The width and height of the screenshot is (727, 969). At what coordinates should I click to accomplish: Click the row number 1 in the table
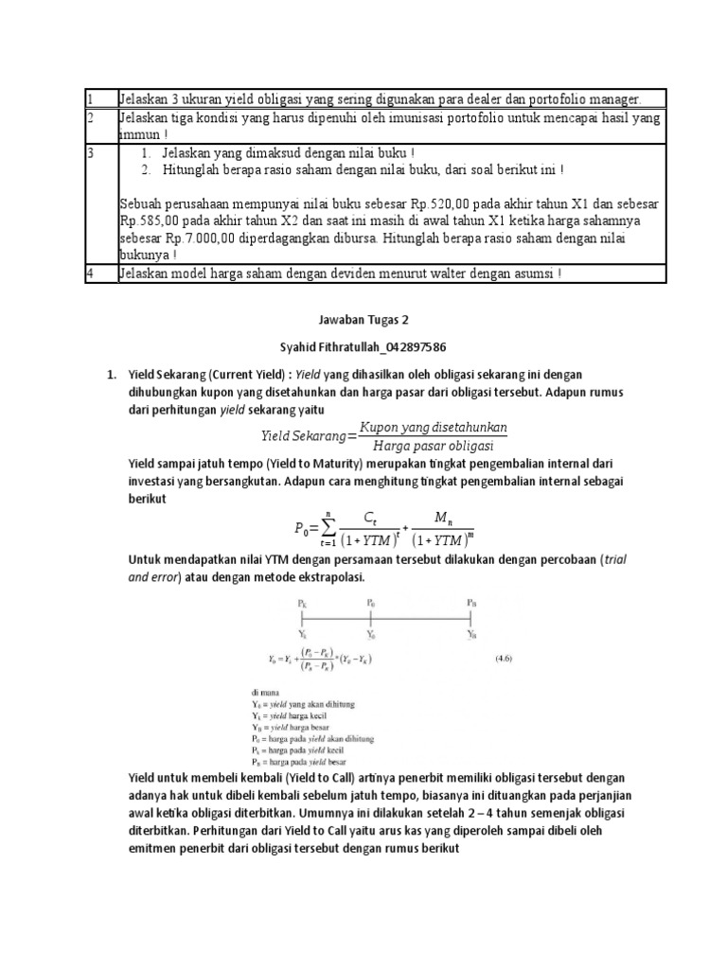[x=89, y=99]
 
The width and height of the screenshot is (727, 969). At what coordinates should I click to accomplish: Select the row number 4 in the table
[x=89, y=274]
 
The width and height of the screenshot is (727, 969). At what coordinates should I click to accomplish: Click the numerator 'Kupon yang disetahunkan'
[x=439, y=427]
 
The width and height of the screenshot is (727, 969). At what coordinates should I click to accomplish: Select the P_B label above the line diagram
[x=471, y=601]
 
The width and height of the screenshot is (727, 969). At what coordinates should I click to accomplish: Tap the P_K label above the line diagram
[x=301, y=601]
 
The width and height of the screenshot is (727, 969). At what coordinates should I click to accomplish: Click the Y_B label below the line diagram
[x=471, y=635]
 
